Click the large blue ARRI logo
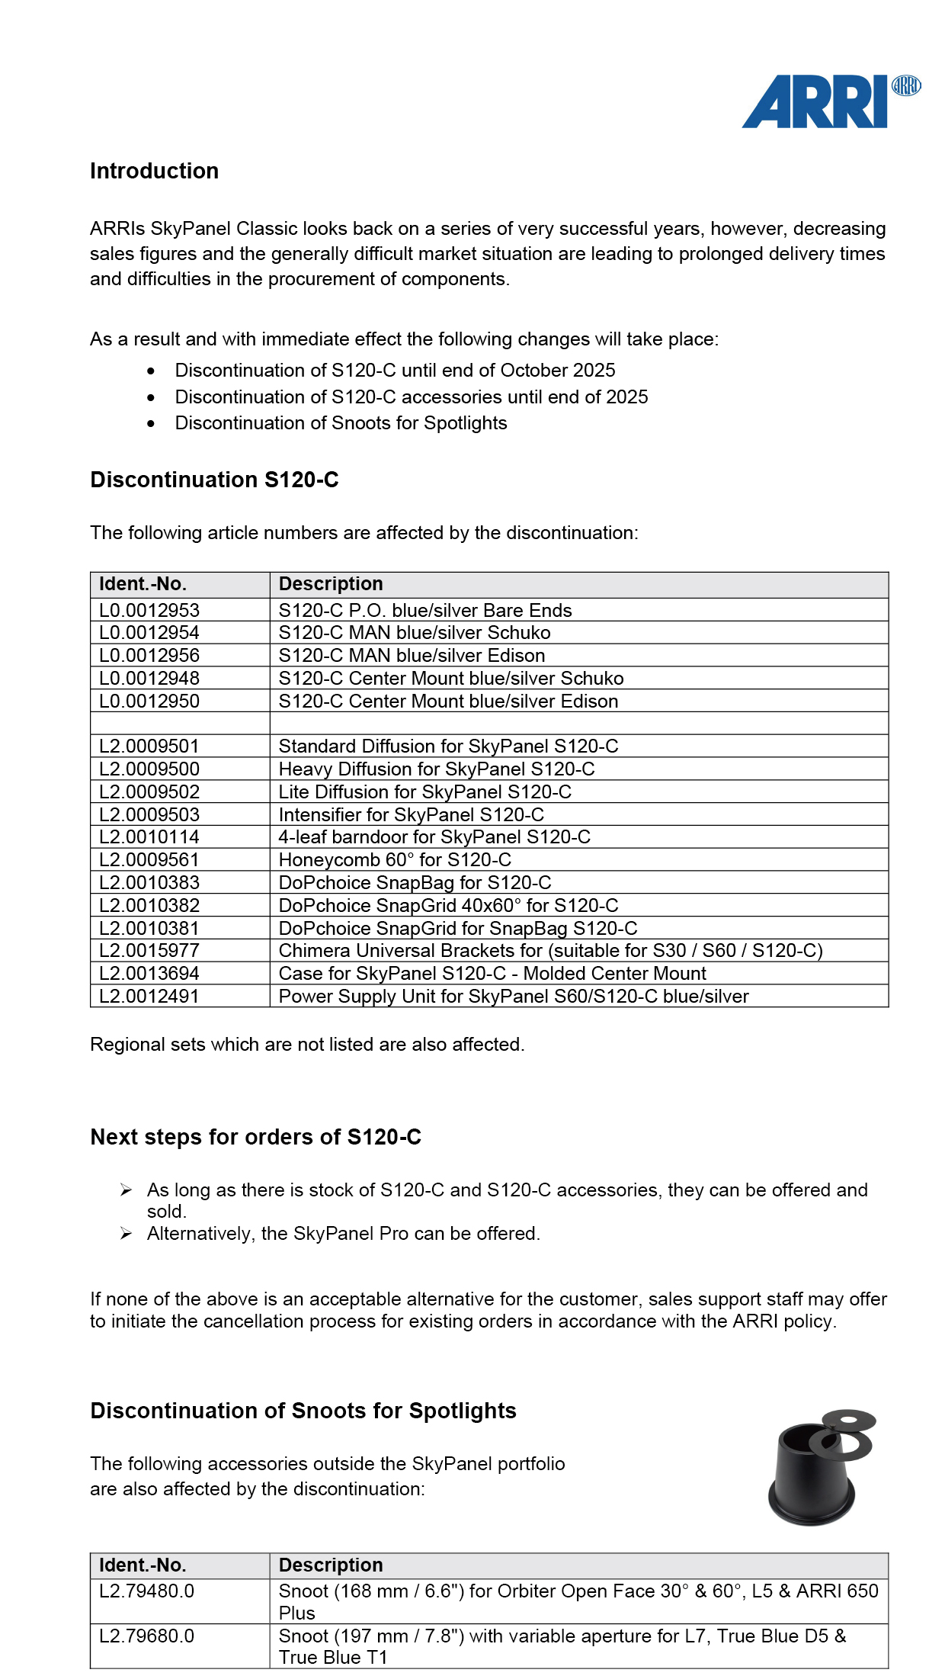click(814, 101)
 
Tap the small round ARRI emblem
click(906, 85)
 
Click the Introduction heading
click(154, 171)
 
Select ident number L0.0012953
click(149, 610)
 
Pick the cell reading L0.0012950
click(149, 701)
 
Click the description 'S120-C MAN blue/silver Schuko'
click(414, 633)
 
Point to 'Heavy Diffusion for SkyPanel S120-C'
click(436, 769)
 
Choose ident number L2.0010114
click(149, 837)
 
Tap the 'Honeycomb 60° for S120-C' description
click(395, 860)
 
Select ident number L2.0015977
click(149, 951)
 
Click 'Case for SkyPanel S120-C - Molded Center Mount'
click(492, 974)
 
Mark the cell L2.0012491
click(149, 997)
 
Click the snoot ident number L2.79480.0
click(147, 1591)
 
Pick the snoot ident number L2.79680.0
click(147, 1636)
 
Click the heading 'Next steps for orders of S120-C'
click(255, 1137)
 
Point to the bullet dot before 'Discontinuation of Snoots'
click(152, 423)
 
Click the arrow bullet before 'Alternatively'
click(127, 1234)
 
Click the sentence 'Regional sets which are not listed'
click(307, 1045)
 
